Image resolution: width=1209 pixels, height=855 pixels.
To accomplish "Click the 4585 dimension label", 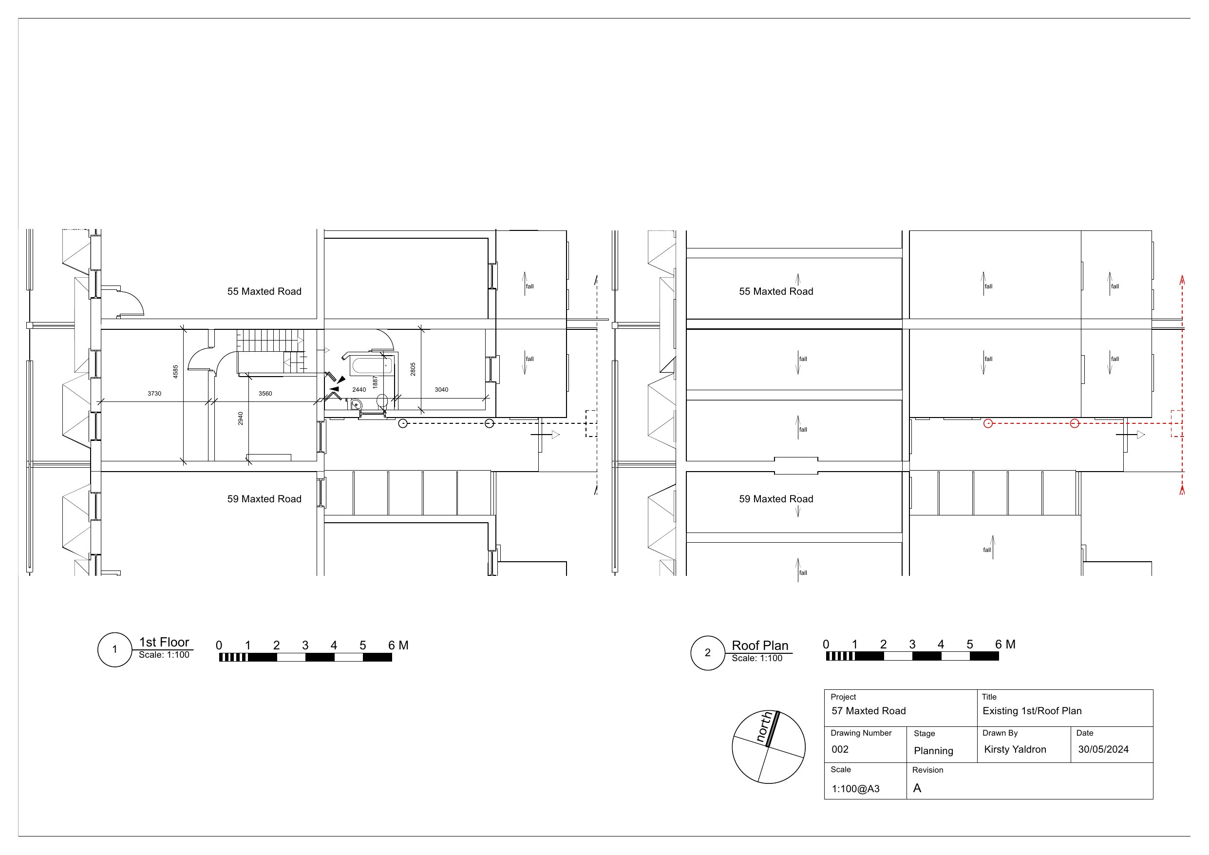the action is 175,371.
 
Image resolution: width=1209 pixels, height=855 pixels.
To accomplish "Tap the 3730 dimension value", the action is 154,394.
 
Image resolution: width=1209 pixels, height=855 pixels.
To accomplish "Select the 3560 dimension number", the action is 265,394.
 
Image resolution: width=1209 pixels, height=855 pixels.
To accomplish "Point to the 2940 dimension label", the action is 241,418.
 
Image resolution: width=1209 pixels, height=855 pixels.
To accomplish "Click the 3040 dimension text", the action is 441,390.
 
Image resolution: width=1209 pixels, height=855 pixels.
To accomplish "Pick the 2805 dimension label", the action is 413,369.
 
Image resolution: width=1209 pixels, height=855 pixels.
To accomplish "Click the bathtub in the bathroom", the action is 372,365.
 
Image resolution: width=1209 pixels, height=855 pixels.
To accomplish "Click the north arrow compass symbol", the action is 768,746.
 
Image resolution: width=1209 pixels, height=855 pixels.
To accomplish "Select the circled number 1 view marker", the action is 115,649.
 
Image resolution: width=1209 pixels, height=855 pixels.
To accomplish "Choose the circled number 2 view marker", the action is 708,653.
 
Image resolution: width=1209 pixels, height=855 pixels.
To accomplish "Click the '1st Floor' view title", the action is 164,642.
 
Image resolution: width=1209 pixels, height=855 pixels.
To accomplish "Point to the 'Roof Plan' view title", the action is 760,646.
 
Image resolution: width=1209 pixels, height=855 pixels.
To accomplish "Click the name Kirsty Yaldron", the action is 1015,750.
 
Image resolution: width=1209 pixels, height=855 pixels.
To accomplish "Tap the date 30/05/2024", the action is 1103,750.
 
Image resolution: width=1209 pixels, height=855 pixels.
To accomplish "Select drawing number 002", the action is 840,750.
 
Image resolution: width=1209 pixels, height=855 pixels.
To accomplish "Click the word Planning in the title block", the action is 933,751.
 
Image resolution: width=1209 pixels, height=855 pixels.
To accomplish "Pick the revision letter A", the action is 917,788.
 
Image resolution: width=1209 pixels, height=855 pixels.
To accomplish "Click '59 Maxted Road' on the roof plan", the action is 775,499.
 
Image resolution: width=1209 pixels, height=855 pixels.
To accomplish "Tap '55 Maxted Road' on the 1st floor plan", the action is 264,291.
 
